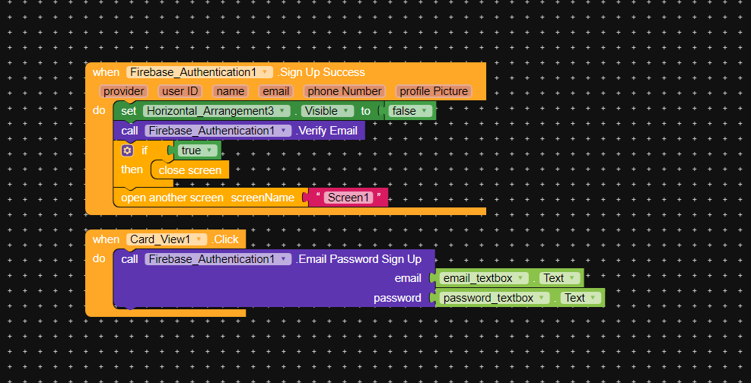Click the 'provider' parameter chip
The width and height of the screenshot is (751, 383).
(124, 91)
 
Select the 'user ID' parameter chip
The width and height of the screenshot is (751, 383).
(180, 91)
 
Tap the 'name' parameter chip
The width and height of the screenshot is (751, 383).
(231, 91)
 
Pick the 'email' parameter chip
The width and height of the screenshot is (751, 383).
(276, 91)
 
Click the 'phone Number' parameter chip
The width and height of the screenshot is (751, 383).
(345, 91)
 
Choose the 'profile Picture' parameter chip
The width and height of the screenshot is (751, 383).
(434, 91)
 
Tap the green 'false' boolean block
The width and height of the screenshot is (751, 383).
(410, 111)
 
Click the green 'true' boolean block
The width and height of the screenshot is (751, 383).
(198, 150)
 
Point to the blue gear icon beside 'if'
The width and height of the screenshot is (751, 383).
(128, 150)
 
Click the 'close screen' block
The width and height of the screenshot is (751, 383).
(190, 170)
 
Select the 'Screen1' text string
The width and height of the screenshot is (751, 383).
(348, 198)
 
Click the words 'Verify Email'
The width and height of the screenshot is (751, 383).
(328, 131)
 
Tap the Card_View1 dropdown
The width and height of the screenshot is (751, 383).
(167, 239)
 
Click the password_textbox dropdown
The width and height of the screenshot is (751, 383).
(494, 298)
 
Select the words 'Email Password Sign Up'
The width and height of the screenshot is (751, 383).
(360, 259)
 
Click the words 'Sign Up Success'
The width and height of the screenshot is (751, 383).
(322, 72)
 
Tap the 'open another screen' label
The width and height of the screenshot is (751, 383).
(173, 198)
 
